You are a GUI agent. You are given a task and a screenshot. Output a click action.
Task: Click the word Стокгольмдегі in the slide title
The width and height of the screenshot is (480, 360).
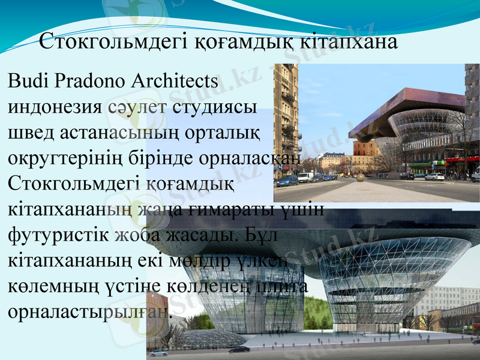point(114,43)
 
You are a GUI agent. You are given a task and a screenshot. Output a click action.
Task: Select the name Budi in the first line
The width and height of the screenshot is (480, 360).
point(25,80)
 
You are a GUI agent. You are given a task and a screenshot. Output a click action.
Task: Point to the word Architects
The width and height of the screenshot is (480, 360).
point(174,80)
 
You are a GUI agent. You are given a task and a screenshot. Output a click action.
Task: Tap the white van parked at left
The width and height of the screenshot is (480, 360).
point(305,178)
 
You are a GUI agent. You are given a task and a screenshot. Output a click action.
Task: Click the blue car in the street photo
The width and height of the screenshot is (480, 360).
point(287,181)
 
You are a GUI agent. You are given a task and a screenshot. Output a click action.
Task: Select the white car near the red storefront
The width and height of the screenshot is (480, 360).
point(434,176)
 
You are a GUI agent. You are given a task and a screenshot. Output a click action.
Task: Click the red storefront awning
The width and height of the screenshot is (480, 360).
point(462,160)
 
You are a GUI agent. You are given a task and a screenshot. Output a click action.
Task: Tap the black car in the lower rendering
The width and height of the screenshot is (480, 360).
point(238,349)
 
